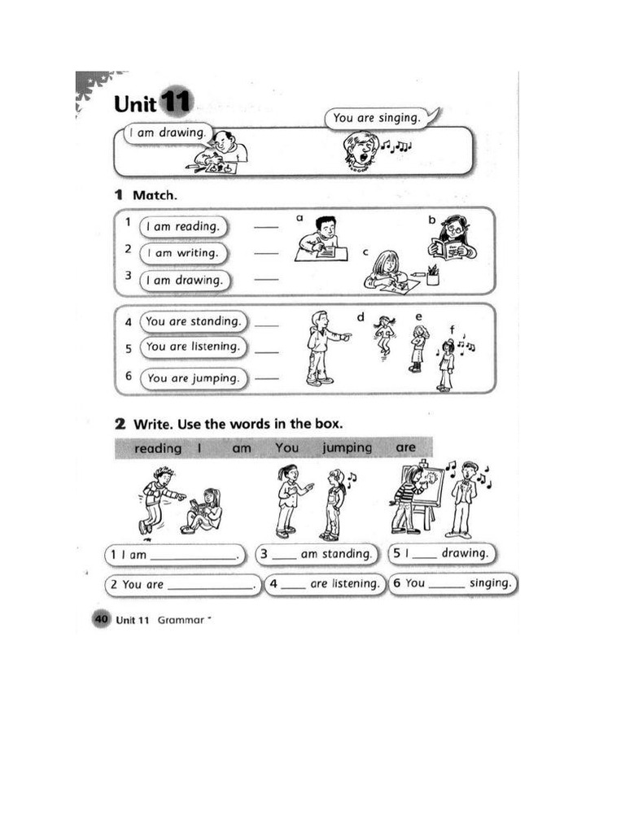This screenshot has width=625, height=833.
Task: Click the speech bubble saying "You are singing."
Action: pos(376,118)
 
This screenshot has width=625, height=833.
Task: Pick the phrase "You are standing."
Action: pos(194,321)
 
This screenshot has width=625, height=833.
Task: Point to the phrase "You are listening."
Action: pos(194,347)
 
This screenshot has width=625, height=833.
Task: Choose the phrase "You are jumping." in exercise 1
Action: pos(194,377)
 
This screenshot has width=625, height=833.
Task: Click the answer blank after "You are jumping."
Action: pos(266,378)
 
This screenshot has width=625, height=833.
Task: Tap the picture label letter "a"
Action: pos(299,218)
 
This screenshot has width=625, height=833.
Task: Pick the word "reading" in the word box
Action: pos(158,448)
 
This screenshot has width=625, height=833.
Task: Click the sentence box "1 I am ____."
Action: pos(175,555)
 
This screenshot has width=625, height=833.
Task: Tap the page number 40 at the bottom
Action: pos(102,620)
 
